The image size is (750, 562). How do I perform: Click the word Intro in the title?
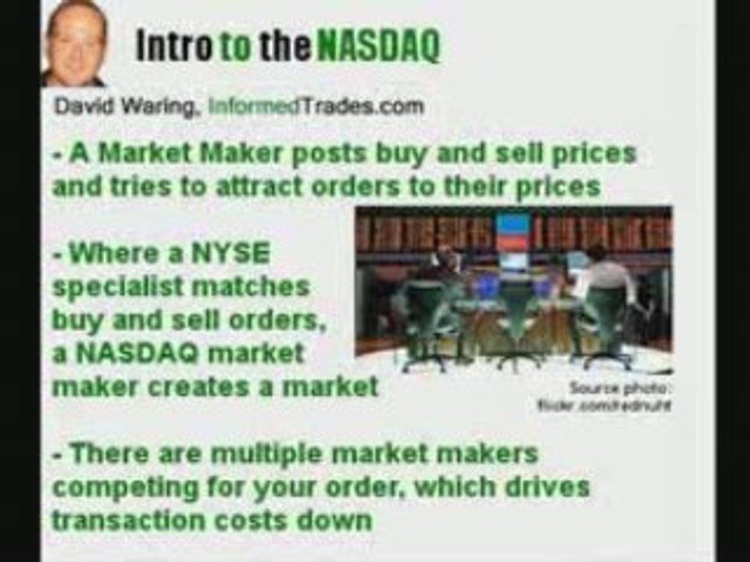(173, 47)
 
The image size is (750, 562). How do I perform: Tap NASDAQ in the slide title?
(378, 47)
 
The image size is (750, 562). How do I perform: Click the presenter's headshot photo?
(75, 43)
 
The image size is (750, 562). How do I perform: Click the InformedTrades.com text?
(316, 106)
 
